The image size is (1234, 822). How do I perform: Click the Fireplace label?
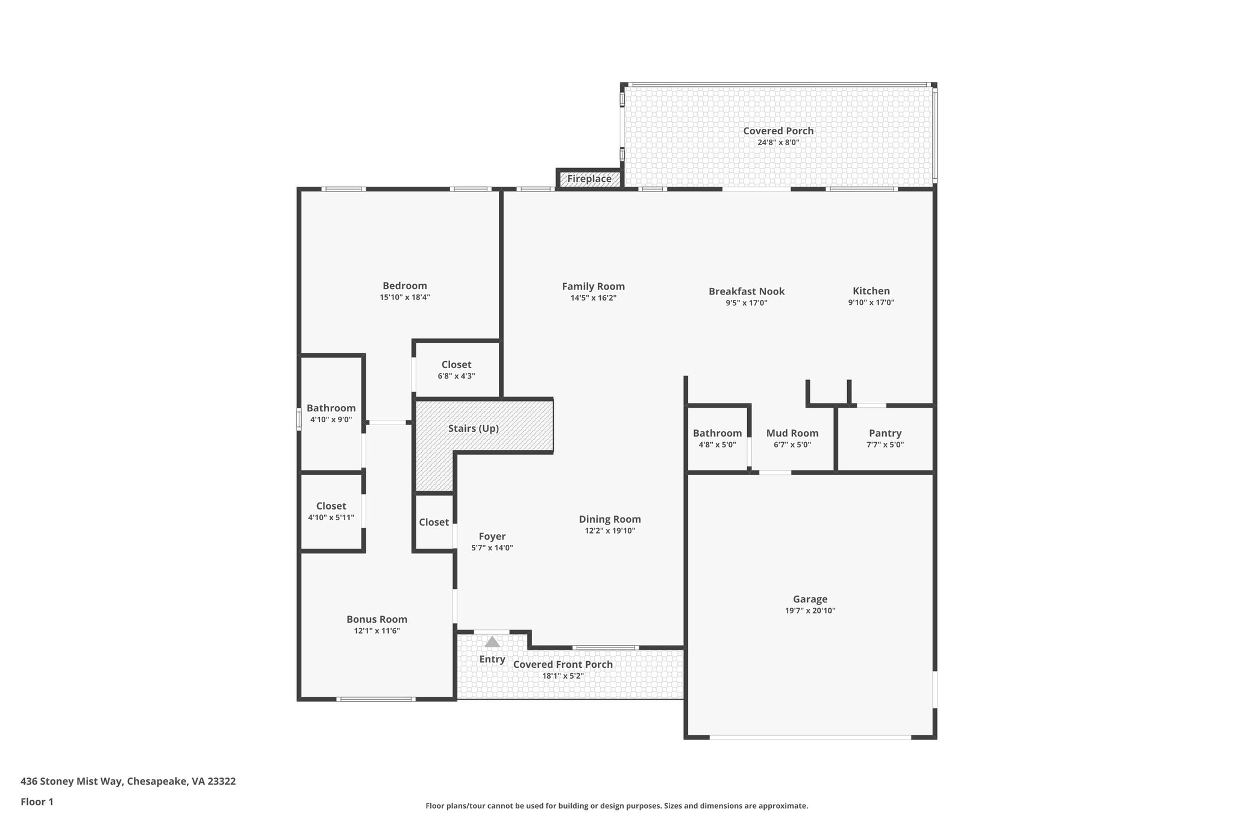(x=589, y=179)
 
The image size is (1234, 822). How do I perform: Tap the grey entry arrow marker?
(x=492, y=642)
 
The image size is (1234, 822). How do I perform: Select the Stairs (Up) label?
(x=473, y=429)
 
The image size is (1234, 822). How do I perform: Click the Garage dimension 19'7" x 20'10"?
(x=810, y=611)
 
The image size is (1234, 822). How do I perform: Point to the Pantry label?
(x=885, y=433)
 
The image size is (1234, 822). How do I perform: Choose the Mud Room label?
(x=792, y=433)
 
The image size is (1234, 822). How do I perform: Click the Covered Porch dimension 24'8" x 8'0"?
(x=778, y=143)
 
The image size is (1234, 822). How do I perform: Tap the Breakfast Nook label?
(x=747, y=291)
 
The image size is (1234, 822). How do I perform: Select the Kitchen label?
(x=871, y=291)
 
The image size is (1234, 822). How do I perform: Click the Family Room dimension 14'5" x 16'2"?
(x=593, y=298)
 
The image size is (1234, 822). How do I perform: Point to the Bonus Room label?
(x=377, y=619)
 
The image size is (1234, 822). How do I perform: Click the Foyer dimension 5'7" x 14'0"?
(x=492, y=548)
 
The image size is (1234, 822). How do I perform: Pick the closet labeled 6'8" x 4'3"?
(x=456, y=370)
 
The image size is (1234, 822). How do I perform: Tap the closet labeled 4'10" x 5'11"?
(x=331, y=511)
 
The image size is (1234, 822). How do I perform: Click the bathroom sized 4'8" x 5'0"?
(x=717, y=438)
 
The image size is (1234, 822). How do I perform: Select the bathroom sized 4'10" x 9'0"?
(x=331, y=413)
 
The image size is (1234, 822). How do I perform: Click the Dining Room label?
(x=610, y=519)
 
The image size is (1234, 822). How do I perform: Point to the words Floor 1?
(x=37, y=802)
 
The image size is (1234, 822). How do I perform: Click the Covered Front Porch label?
(x=563, y=664)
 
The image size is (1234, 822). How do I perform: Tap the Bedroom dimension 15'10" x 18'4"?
(x=404, y=297)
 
